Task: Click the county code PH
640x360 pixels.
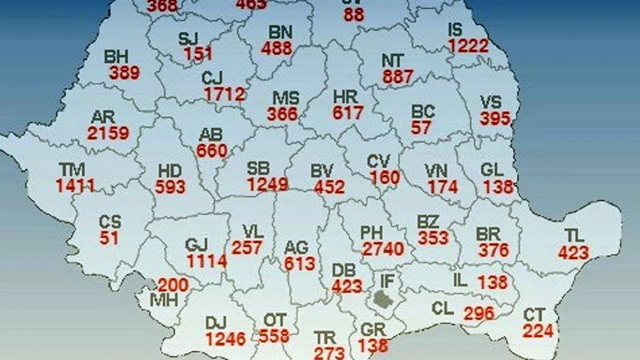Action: (371, 233)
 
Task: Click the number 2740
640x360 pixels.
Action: (383, 249)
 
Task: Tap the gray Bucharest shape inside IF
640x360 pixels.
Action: (385, 298)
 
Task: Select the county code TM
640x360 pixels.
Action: (72, 170)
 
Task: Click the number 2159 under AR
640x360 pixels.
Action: (108, 133)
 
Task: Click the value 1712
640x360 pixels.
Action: (225, 94)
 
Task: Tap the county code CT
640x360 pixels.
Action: (534, 315)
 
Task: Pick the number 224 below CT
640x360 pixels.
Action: (537, 331)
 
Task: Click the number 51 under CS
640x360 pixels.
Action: (109, 238)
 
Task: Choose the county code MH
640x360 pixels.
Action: (164, 300)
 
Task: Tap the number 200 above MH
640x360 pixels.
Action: (173, 285)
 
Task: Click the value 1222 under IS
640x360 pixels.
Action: (468, 46)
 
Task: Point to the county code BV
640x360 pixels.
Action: (322, 171)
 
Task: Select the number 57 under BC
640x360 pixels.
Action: (421, 127)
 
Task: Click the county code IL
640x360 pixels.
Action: (460, 280)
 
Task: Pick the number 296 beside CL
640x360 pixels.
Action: (478, 313)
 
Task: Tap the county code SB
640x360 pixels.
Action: (259, 169)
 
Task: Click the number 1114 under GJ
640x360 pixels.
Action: (206, 261)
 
